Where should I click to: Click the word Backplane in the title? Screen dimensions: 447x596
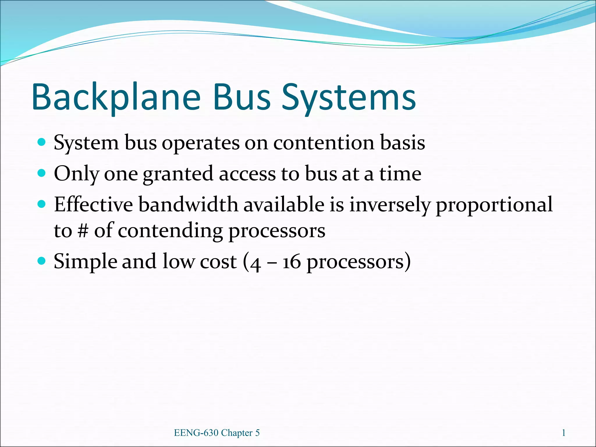tap(116, 97)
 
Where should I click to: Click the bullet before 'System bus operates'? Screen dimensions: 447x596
tap(42, 142)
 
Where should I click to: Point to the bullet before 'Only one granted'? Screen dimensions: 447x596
tap(42, 173)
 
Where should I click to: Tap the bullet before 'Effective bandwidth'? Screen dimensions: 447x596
tap(42, 204)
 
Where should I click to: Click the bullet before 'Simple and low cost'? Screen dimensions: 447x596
tap(42, 261)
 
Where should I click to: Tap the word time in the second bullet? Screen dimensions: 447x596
tap(400, 174)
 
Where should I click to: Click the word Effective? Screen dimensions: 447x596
tap(93, 204)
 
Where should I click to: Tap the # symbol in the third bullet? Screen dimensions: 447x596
tap(83, 231)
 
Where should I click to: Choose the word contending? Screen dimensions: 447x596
tap(170, 231)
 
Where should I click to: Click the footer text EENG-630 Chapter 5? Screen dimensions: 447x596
tap(217, 433)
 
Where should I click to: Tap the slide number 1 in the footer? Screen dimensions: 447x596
tap(563, 433)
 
